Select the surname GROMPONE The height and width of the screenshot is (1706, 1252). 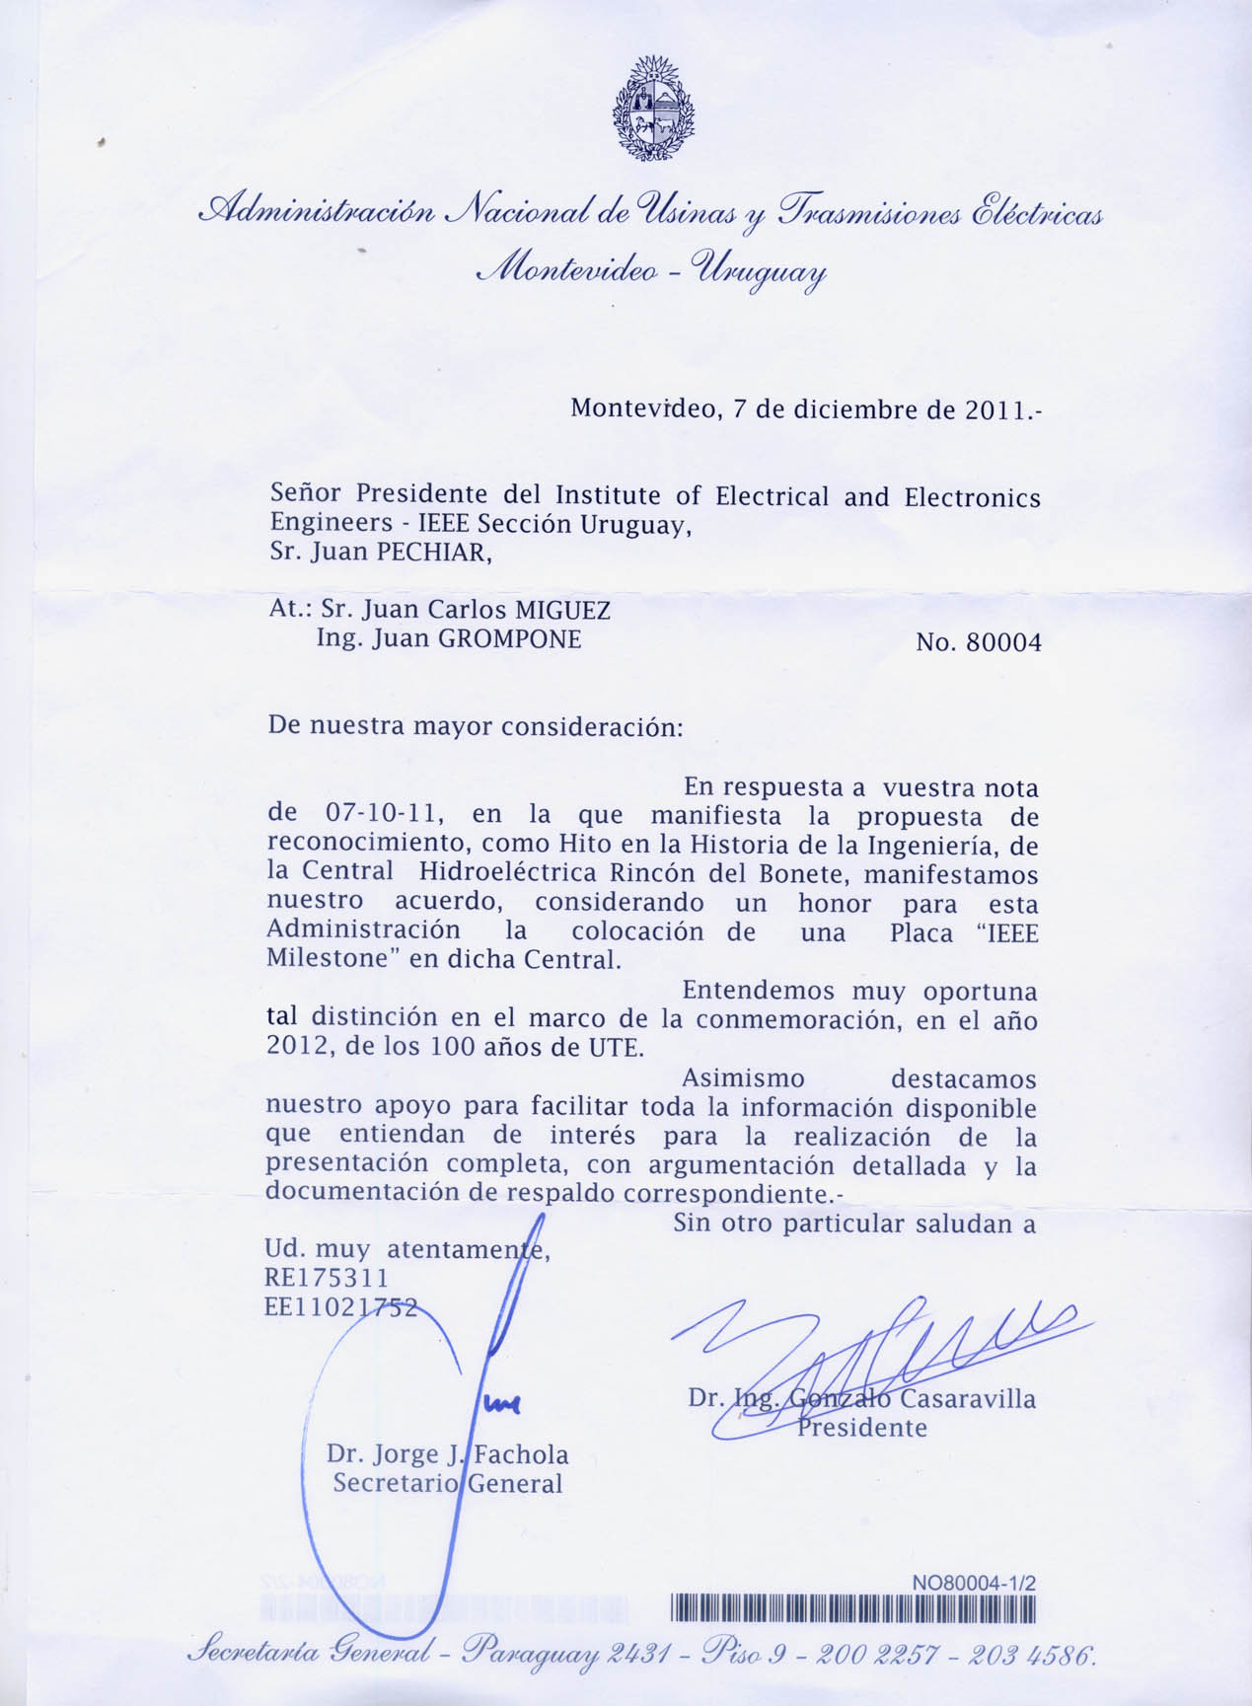tap(509, 638)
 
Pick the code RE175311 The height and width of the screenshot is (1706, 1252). tap(327, 1278)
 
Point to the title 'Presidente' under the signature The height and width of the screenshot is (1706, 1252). tap(861, 1428)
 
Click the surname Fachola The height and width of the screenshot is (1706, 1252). tap(521, 1454)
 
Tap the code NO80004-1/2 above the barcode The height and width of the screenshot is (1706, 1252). tap(975, 1583)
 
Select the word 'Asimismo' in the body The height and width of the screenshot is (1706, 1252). tap(743, 1078)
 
